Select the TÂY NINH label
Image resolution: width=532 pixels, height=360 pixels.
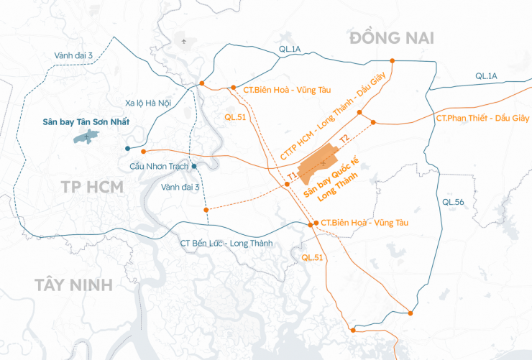tap(73, 285)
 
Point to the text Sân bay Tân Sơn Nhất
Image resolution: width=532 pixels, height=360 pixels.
tap(86, 121)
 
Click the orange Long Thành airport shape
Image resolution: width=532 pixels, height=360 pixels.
tap(321, 164)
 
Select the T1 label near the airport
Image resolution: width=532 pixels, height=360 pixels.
tap(292, 175)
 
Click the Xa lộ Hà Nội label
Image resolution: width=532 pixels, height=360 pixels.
tap(148, 103)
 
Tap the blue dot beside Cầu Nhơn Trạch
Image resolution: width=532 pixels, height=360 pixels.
tap(194, 166)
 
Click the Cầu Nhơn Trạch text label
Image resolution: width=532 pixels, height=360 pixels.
tap(159, 166)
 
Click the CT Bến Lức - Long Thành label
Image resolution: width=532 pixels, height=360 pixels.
tap(226, 244)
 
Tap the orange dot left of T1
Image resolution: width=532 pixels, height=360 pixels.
tap(286, 185)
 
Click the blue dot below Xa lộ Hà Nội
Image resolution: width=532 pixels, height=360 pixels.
tap(127, 148)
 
